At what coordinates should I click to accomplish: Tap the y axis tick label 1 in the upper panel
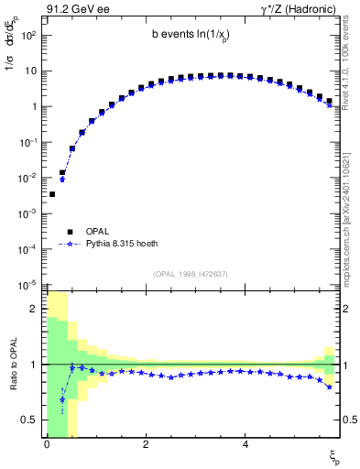pos(33,106)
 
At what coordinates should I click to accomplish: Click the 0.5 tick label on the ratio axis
pos(29,420)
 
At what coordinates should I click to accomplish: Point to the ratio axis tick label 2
pos(33,309)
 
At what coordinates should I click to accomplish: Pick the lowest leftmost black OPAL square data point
pos(52,194)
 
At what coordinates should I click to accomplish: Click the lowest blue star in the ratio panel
pos(62,399)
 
